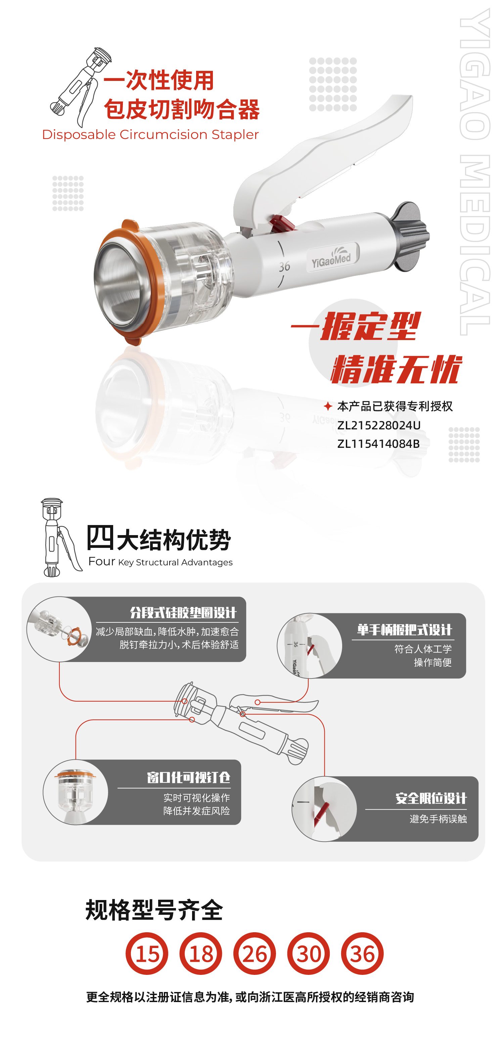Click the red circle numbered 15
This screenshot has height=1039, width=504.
(147, 953)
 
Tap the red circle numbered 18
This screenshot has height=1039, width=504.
(200, 953)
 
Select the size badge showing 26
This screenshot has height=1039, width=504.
(255, 953)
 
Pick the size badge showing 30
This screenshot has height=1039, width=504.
(308, 953)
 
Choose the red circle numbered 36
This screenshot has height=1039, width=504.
(362, 953)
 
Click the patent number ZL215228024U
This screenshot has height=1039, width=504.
(378, 425)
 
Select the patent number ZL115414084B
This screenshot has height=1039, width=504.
(378, 444)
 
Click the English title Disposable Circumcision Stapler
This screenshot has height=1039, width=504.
(150, 134)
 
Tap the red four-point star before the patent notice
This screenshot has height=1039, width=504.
(328, 406)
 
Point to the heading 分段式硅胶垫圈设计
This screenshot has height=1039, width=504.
(183, 613)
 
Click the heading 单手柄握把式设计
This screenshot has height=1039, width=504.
(404, 630)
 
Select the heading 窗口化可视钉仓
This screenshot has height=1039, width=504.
(188, 777)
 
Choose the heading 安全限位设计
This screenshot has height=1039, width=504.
(430, 798)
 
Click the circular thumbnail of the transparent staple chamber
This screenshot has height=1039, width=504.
(76, 792)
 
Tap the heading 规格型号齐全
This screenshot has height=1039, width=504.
(154, 910)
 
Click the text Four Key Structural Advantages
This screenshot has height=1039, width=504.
(160, 562)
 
